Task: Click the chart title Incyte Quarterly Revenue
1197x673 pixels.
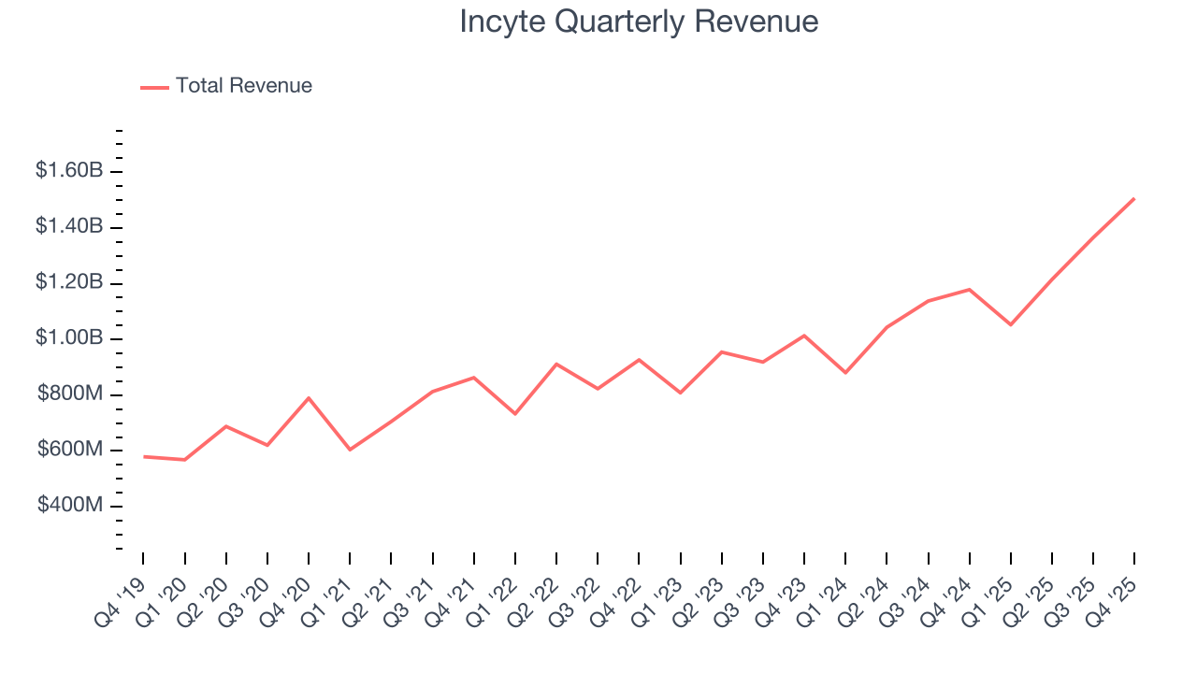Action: click(x=639, y=21)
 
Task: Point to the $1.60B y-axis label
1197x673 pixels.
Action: click(x=68, y=171)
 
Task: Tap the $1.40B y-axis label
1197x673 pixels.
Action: click(x=68, y=227)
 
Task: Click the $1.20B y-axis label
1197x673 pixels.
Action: click(x=68, y=282)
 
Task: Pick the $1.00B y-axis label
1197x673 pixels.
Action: click(x=68, y=338)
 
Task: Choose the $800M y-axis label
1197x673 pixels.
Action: click(x=70, y=394)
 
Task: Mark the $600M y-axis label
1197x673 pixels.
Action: click(x=70, y=450)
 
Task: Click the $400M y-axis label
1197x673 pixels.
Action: click(x=70, y=506)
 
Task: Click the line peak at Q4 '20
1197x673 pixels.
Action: click(x=309, y=398)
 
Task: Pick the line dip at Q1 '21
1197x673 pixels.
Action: click(x=350, y=450)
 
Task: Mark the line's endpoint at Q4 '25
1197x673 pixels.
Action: click(x=1134, y=198)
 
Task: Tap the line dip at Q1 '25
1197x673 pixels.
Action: click(x=1011, y=324)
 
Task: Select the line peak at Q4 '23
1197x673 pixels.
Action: click(x=804, y=336)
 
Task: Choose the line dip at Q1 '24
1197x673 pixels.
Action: click(x=845, y=372)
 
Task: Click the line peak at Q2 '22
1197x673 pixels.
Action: click(x=556, y=364)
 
